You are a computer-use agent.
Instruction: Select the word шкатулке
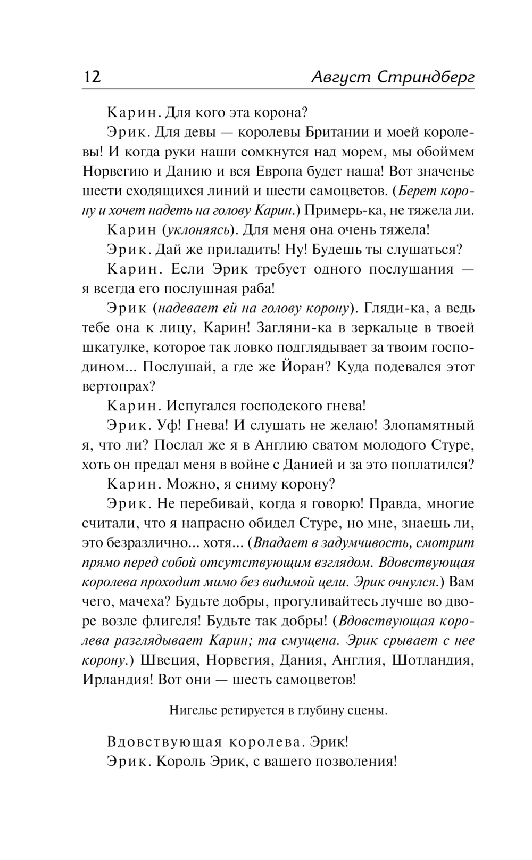[x=113, y=347]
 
